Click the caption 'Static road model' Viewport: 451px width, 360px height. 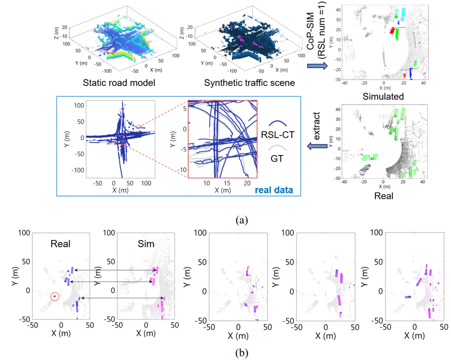click(x=119, y=83)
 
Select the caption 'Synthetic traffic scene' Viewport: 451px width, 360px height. click(x=249, y=83)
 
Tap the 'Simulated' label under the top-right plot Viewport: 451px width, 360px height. click(x=383, y=96)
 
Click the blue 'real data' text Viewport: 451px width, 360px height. click(x=274, y=190)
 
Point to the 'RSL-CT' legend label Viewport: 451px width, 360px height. click(x=277, y=134)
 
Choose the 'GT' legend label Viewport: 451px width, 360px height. click(x=277, y=158)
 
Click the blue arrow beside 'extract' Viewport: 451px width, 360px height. click(x=317, y=146)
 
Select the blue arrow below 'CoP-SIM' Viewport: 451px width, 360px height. click(x=317, y=66)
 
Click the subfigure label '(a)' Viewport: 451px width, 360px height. click(x=241, y=220)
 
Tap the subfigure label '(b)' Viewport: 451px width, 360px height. click(x=241, y=352)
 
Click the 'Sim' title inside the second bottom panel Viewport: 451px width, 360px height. click(x=146, y=244)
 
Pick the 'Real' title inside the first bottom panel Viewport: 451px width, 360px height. click(x=60, y=244)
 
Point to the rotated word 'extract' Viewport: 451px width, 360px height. click(x=316, y=126)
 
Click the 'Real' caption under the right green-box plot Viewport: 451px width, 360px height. click(x=383, y=196)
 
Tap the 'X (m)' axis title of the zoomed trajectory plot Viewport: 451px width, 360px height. click(x=222, y=190)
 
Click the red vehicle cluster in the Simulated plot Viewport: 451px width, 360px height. click(x=391, y=30)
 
